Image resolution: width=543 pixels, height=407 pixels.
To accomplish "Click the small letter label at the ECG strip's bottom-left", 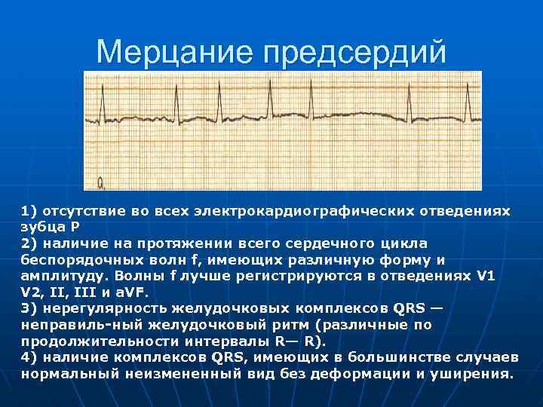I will pyautogui.click(x=100, y=182).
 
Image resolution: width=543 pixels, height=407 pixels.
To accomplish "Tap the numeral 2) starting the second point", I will pyautogui.click(x=29, y=243).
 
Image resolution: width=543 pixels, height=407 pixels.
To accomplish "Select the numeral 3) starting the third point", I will pyautogui.click(x=29, y=309).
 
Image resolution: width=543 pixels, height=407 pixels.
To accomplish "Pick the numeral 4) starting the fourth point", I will pyautogui.click(x=29, y=358).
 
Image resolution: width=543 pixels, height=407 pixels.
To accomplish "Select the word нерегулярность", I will pyautogui.click(x=99, y=309).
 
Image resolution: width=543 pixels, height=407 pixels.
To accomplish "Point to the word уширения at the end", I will pyautogui.click(x=474, y=375).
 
